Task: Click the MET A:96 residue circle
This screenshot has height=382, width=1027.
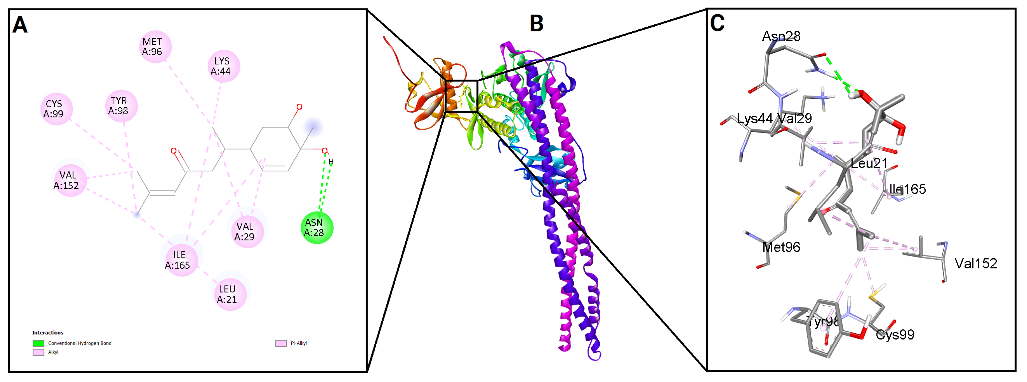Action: click(155, 47)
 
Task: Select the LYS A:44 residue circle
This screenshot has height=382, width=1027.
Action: click(224, 66)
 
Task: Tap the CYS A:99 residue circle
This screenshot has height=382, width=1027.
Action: click(57, 109)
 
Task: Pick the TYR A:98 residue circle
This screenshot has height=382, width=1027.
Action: click(121, 106)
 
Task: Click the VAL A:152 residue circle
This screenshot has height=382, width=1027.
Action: click(70, 180)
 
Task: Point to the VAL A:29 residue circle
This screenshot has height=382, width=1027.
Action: click(247, 231)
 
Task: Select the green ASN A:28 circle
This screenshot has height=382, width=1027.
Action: click(317, 228)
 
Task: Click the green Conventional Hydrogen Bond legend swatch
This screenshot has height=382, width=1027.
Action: click(38, 343)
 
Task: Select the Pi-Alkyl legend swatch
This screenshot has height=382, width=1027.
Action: click(281, 343)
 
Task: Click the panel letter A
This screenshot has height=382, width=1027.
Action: click(20, 25)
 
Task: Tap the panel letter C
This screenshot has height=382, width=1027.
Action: click(717, 23)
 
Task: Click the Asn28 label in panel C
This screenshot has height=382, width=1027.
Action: click(781, 36)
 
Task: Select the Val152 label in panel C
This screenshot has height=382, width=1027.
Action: click(975, 263)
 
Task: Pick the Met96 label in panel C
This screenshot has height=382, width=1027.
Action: click(781, 247)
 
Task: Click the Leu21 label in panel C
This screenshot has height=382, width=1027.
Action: click(869, 163)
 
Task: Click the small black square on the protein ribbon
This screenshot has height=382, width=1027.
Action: click(461, 96)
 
